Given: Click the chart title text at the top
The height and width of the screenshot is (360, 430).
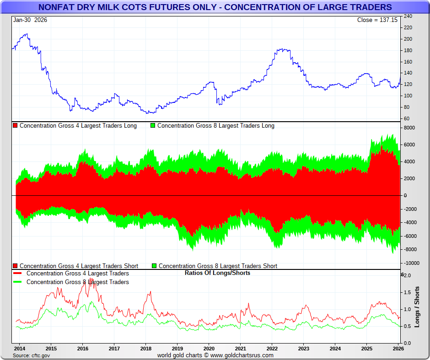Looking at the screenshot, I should tap(215, 7).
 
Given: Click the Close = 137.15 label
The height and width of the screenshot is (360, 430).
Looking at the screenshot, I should tap(377, 20).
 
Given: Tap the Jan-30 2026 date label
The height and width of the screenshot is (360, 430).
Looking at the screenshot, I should tap(30, 20).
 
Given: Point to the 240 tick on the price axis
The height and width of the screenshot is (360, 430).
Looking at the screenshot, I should tap(408, 16).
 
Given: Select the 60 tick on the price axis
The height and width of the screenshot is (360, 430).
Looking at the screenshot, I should tap(407, 118).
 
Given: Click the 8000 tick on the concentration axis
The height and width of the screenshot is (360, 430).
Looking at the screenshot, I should tap(409, 128).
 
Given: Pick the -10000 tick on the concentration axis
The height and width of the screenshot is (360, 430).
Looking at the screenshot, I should tap(411, 263).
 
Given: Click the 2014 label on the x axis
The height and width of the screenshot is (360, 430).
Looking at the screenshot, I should tap(19, 348).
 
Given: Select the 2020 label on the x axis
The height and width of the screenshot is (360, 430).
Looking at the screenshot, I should tap(209, 348).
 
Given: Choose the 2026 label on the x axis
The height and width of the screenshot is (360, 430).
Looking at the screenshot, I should tap(398, 348).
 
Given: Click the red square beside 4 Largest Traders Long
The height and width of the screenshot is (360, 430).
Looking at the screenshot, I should tap(15, 126).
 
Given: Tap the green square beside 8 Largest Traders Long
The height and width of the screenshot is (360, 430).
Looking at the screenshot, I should tap(153, 126).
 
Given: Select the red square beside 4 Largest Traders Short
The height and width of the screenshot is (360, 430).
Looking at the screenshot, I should tap(15, 266).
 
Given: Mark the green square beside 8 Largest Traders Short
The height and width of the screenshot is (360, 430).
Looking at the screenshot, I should tap(154, 266).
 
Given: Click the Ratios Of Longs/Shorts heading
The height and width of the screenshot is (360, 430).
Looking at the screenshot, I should tap(217, 273).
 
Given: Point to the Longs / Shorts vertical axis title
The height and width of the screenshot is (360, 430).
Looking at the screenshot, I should tap(417, 306).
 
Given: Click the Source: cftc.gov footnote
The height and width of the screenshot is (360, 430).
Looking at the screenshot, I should tap(32, 355).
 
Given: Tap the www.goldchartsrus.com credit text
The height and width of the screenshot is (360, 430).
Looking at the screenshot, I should tap(242, 355).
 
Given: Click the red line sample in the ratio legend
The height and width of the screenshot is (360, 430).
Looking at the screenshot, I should tap(18, 274).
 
